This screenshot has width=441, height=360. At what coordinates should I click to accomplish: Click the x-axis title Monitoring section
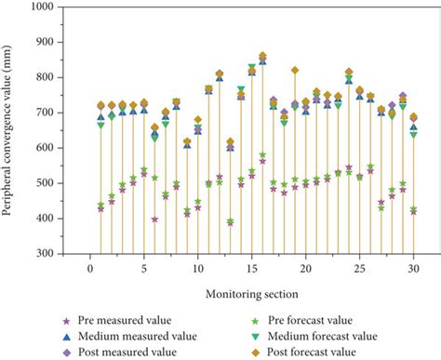(x=251, y=294)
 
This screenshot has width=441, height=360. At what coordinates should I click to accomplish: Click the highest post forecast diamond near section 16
(x=262, y=56)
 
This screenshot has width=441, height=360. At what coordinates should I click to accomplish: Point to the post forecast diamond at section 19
(x=295, y=71)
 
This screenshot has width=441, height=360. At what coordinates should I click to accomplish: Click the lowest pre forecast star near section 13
(x=230, y=221)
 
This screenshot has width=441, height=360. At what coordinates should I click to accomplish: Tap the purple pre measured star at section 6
(x=154, y=220)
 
